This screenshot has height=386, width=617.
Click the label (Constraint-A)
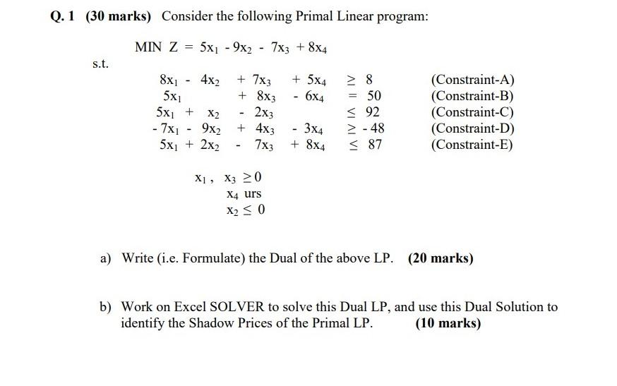coord(472,80)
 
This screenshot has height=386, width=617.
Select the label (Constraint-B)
coord(472,97)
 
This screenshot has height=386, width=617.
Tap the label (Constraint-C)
coord(472,113)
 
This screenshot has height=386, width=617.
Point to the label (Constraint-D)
coord(472,128)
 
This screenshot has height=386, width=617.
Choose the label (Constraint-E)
coord(472,145)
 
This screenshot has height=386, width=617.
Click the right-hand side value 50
coord(374,97)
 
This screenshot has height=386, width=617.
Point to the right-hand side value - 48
coord(371,128)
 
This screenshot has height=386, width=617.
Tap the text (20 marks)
coord(441,258)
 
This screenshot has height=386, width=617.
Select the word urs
coord(252,193)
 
